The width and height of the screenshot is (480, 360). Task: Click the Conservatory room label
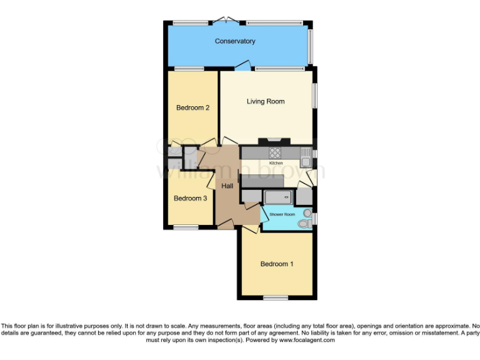pos(235,41)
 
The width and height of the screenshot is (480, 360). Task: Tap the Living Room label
pos(266,101)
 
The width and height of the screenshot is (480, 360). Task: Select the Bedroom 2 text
pos(192,107)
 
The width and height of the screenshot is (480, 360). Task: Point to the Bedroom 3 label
pos(190,198)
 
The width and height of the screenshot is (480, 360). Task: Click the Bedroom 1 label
pos(277,264)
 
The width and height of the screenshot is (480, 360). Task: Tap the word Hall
pos(227,186)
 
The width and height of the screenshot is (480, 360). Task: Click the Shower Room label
pos(282,214)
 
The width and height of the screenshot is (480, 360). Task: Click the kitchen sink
pos(305,152)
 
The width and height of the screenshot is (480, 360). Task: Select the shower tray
pos(277,197)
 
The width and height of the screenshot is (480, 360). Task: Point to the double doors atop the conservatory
pos(226,21)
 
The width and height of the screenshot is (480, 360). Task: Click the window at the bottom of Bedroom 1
pos(276,298)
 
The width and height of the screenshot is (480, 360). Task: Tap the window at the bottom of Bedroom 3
pos(186,227)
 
